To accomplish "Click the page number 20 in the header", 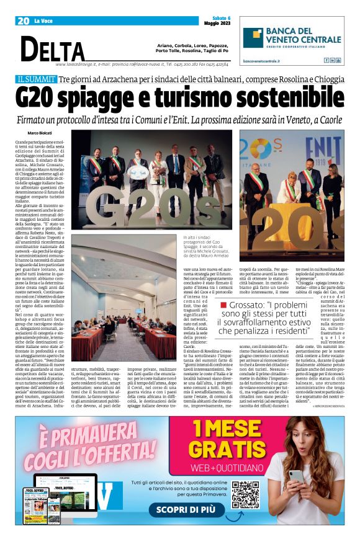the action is click(24, 20).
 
